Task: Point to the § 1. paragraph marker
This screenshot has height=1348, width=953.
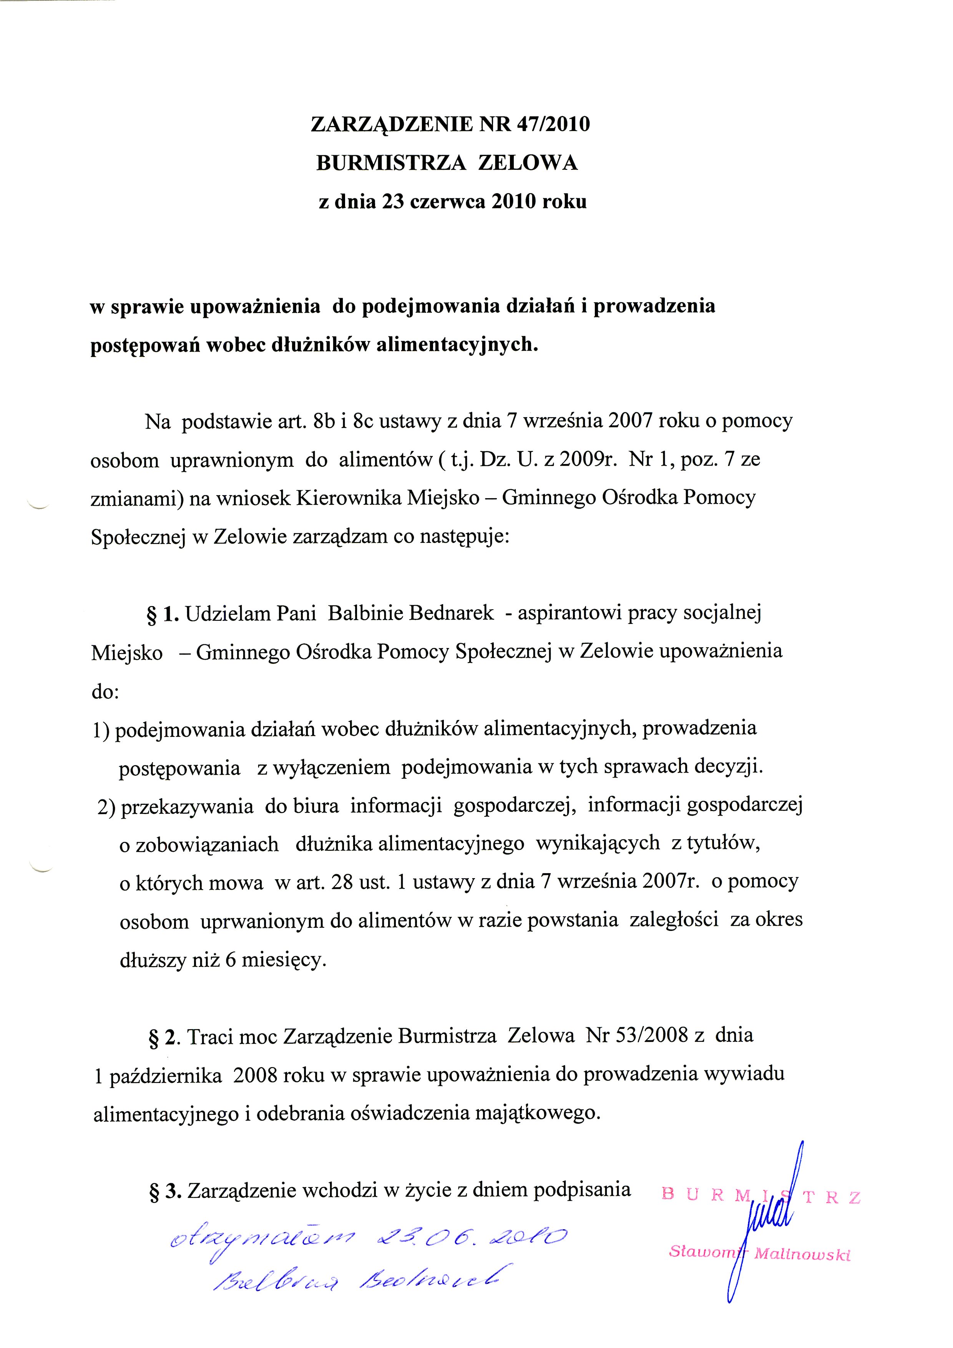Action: coord(162,613)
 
